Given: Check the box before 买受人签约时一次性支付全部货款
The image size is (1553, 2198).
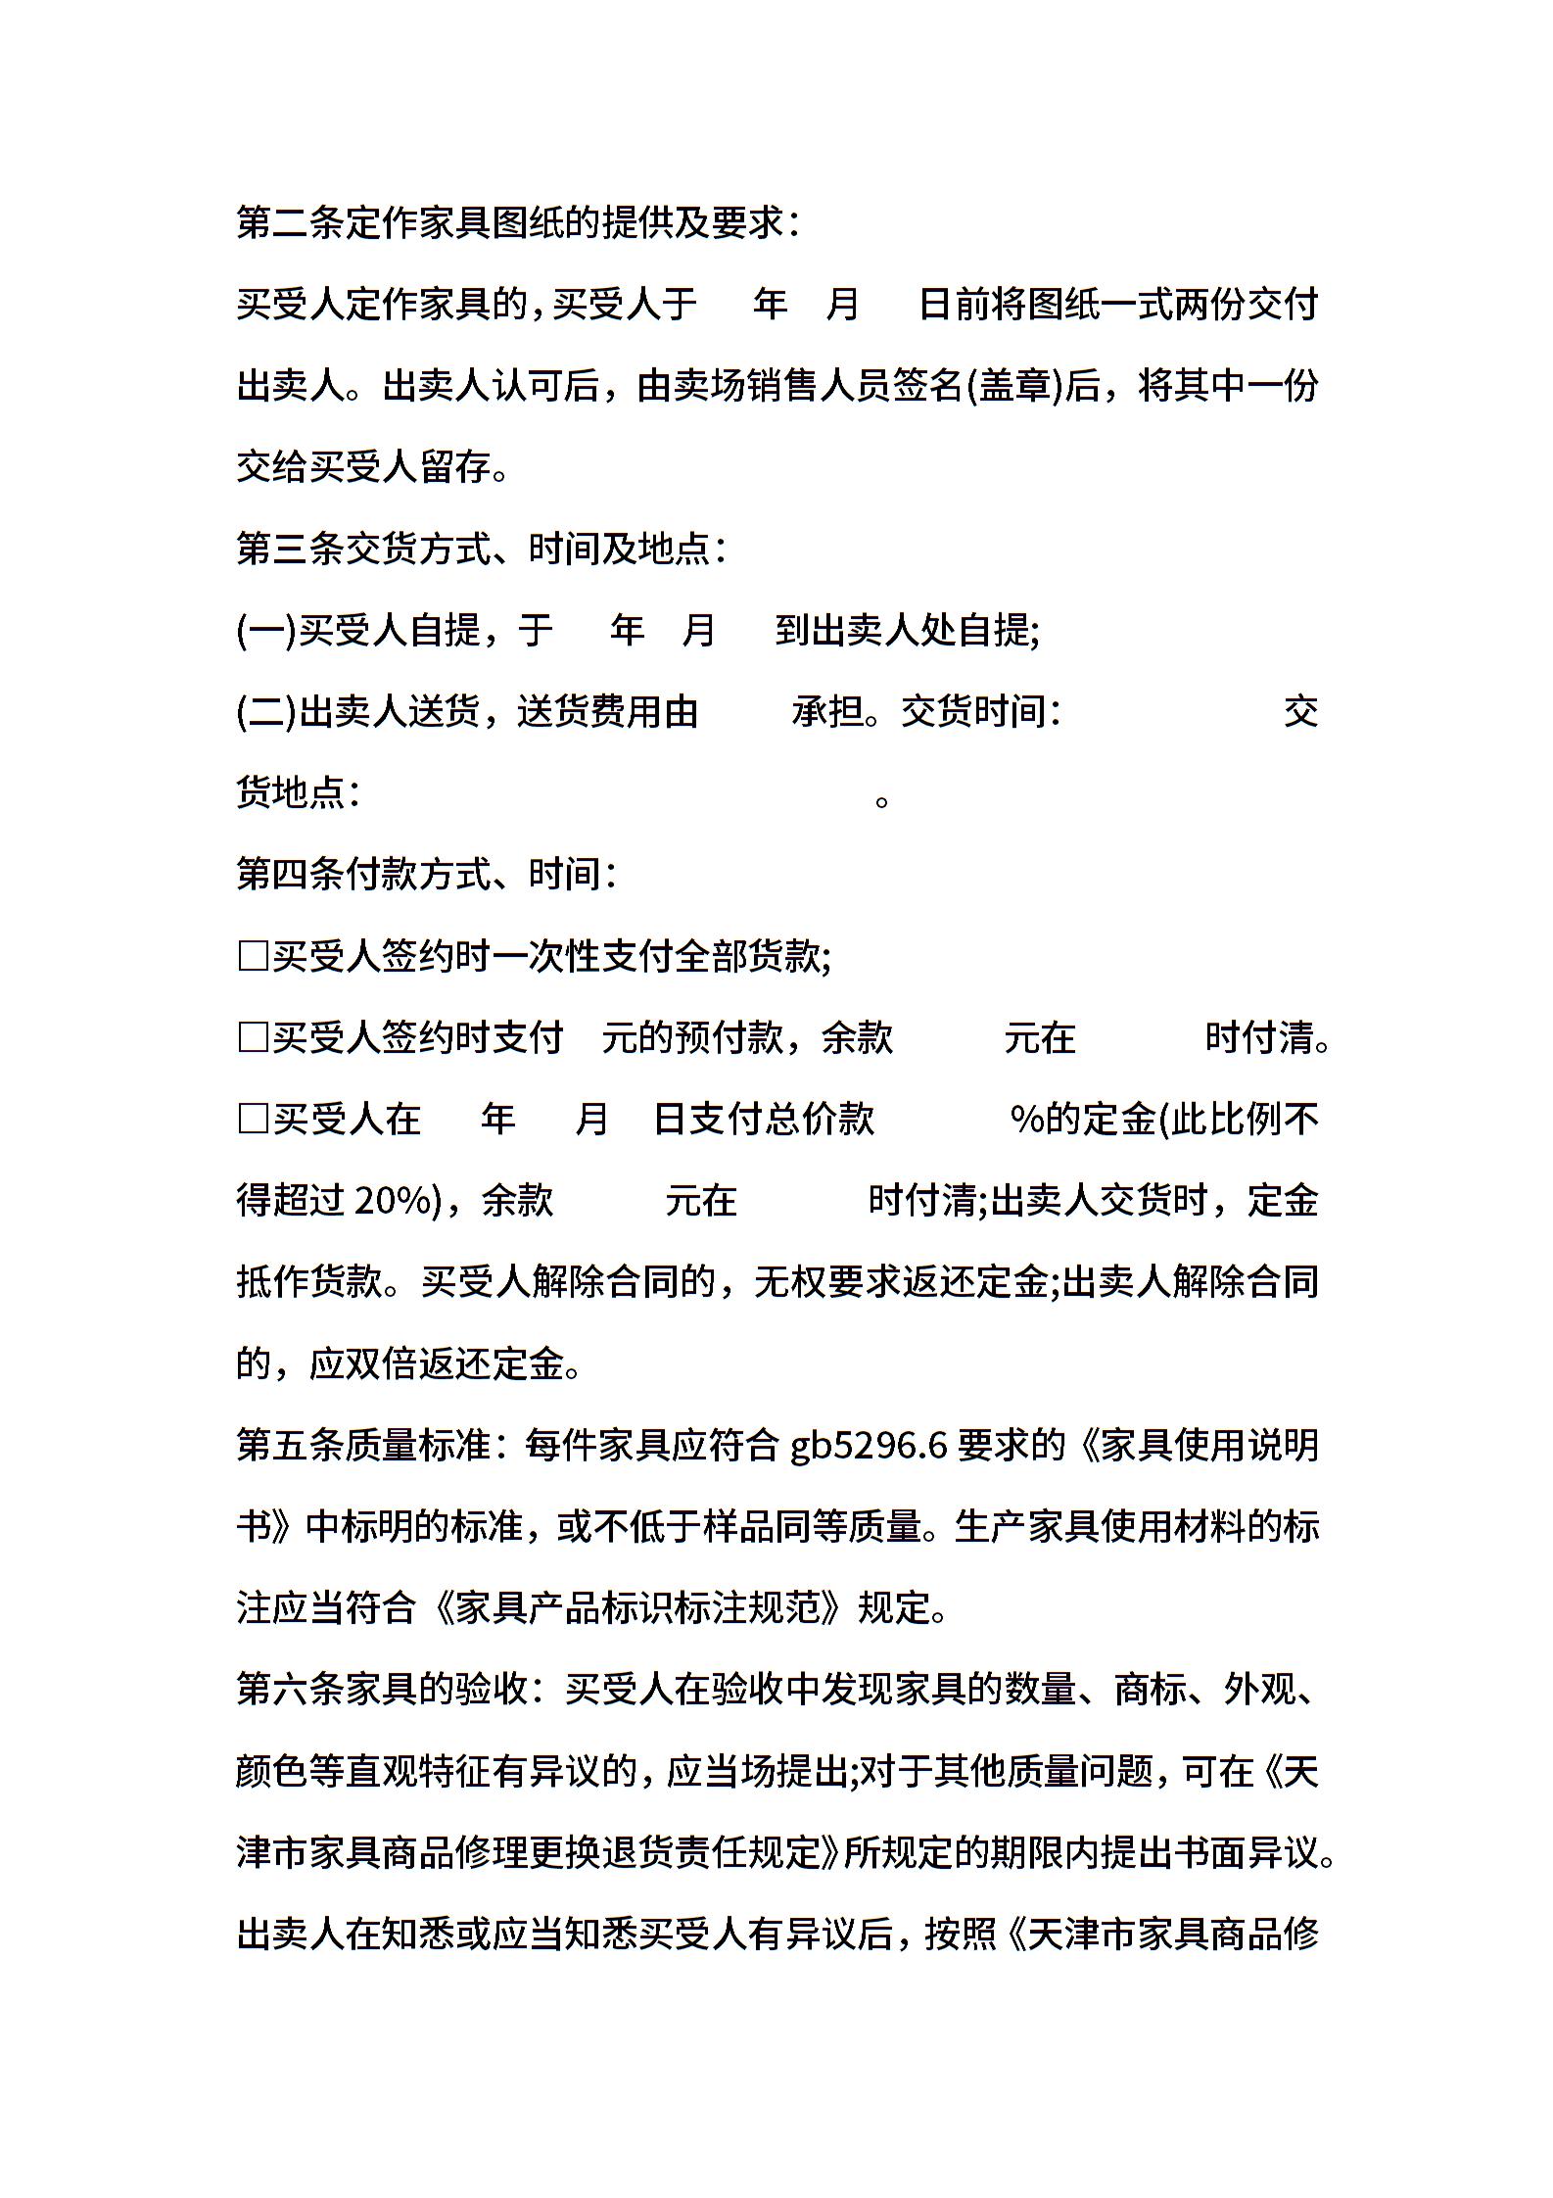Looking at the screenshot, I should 253,956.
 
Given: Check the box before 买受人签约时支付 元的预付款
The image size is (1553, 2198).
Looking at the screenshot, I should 253,1037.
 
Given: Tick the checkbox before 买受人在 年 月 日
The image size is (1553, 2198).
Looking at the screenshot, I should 253,1119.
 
